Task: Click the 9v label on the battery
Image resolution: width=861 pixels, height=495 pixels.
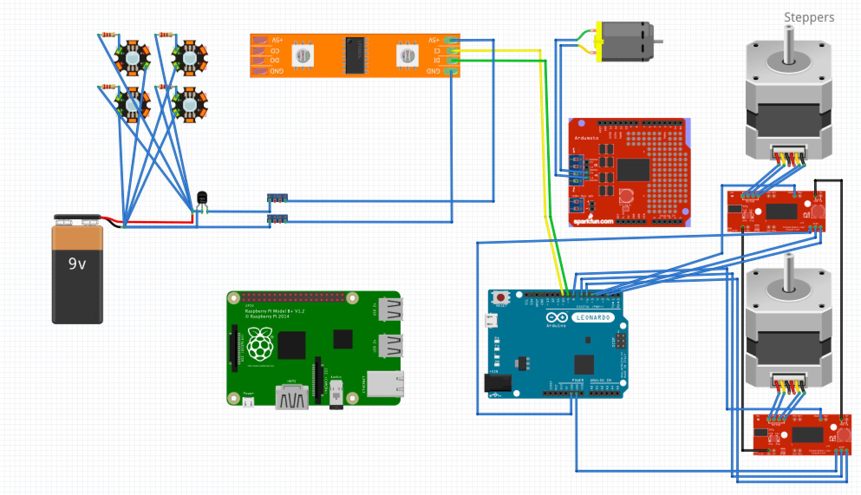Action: (77, 264)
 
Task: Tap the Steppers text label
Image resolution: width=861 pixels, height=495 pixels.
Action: (809, 17)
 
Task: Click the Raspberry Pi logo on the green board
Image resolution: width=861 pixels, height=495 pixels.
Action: (260, 344)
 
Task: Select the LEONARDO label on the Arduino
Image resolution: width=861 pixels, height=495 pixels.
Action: (593, 317)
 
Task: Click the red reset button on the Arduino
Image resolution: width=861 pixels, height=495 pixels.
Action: (501, 298)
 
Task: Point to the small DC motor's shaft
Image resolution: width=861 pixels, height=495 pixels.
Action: (658, 42)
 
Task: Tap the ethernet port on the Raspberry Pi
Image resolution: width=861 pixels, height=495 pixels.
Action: (385, 383)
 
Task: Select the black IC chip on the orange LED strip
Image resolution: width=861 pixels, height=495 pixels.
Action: (355, 55)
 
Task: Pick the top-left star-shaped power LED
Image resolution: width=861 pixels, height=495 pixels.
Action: (132, 58)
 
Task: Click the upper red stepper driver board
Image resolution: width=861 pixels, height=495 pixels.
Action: (776, 212)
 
